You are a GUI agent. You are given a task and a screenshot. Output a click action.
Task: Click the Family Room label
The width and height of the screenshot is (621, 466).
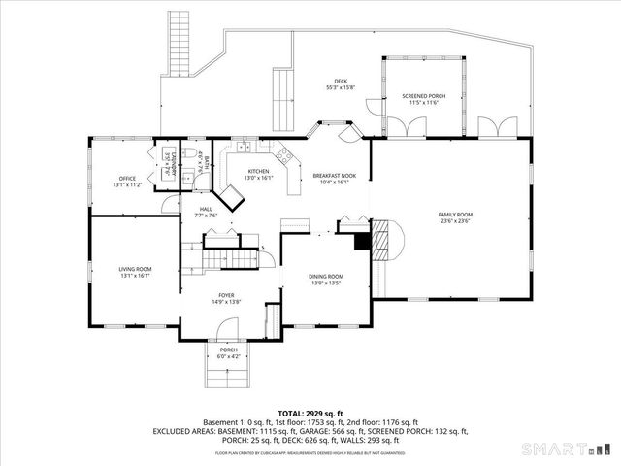[454, 214]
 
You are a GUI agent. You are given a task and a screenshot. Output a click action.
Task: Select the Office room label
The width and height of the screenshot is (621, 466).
[127, 179]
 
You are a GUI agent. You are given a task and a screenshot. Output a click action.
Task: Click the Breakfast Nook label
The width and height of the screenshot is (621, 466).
[334, 176]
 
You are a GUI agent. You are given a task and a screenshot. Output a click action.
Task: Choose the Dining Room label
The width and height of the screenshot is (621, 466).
[326, 277]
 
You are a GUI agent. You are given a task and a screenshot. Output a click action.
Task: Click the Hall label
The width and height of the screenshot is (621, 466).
[206, 210]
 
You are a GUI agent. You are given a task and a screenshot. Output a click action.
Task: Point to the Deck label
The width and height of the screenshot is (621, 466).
[341, 82]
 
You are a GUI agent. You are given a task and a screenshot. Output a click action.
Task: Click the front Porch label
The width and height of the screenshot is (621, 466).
[228, 349]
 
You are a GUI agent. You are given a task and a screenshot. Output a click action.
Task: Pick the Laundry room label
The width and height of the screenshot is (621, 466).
[167, 161]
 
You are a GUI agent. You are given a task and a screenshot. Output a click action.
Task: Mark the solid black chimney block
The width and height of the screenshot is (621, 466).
[362, 242]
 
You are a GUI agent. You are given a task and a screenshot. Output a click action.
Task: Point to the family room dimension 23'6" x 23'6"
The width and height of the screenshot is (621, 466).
[454, 220]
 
